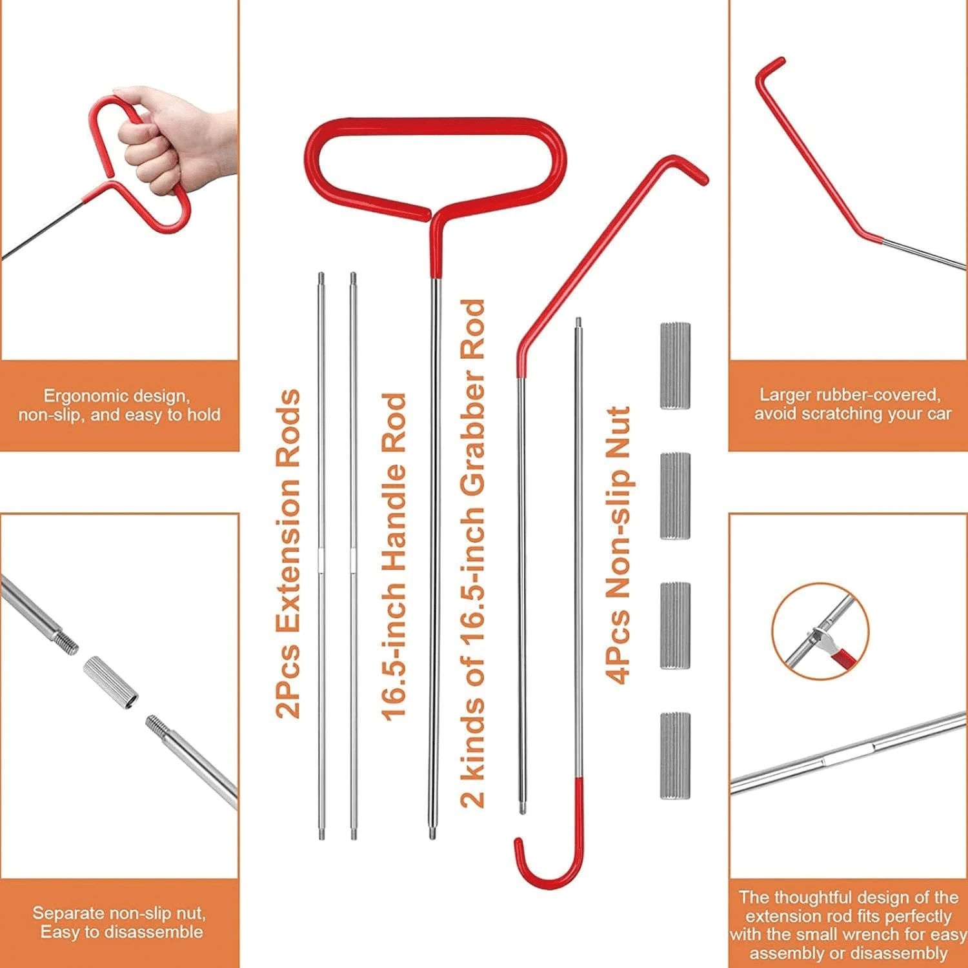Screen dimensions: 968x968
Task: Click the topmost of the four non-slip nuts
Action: tap(675, 366)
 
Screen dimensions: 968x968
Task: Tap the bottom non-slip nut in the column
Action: tap(675, 756)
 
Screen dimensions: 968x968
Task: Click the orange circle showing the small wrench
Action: tap(820, 631)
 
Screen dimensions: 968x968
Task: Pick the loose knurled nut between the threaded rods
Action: tap(111, 682)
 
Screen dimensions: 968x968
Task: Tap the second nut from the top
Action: tap(675, 496)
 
